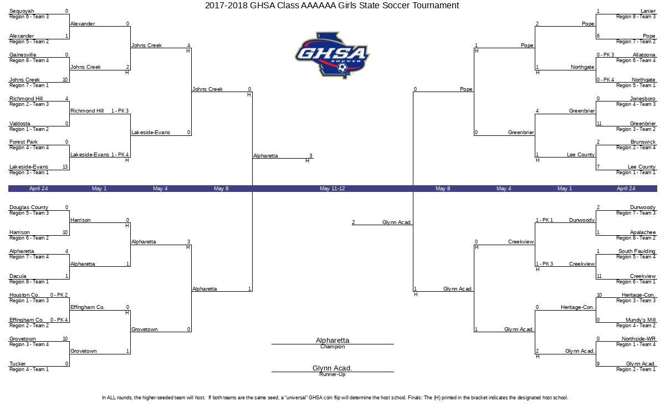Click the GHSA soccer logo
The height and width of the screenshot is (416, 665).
pos(332,55)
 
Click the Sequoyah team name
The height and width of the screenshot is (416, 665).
pos(22,11)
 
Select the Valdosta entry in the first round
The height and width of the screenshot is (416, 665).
pos(20,123)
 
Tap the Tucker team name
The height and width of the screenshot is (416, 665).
pos(18,363)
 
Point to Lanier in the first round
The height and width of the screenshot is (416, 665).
pos(648,11)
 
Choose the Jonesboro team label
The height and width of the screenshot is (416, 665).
pos(643,98)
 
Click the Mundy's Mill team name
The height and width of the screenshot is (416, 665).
pos(641,319)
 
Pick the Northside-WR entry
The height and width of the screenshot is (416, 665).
pos(638,338)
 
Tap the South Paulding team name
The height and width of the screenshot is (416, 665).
pos(637,251)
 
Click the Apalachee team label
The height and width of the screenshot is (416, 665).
pos(643,232)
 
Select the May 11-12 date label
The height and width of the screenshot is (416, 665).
pos(332,189)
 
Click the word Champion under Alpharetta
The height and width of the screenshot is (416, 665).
pos(332,347)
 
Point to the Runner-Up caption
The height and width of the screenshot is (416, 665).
pos(332,374)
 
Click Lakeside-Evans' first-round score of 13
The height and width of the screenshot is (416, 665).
pos(65,167)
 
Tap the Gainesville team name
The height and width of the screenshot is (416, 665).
pos(23,55)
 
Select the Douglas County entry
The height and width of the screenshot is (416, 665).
pos(29,207)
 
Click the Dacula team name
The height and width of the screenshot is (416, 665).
pos(18,276)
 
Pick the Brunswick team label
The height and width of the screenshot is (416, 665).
pos(643,142)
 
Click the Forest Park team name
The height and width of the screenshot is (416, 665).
pos(23,142)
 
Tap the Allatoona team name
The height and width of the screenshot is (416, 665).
pos(644,55)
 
